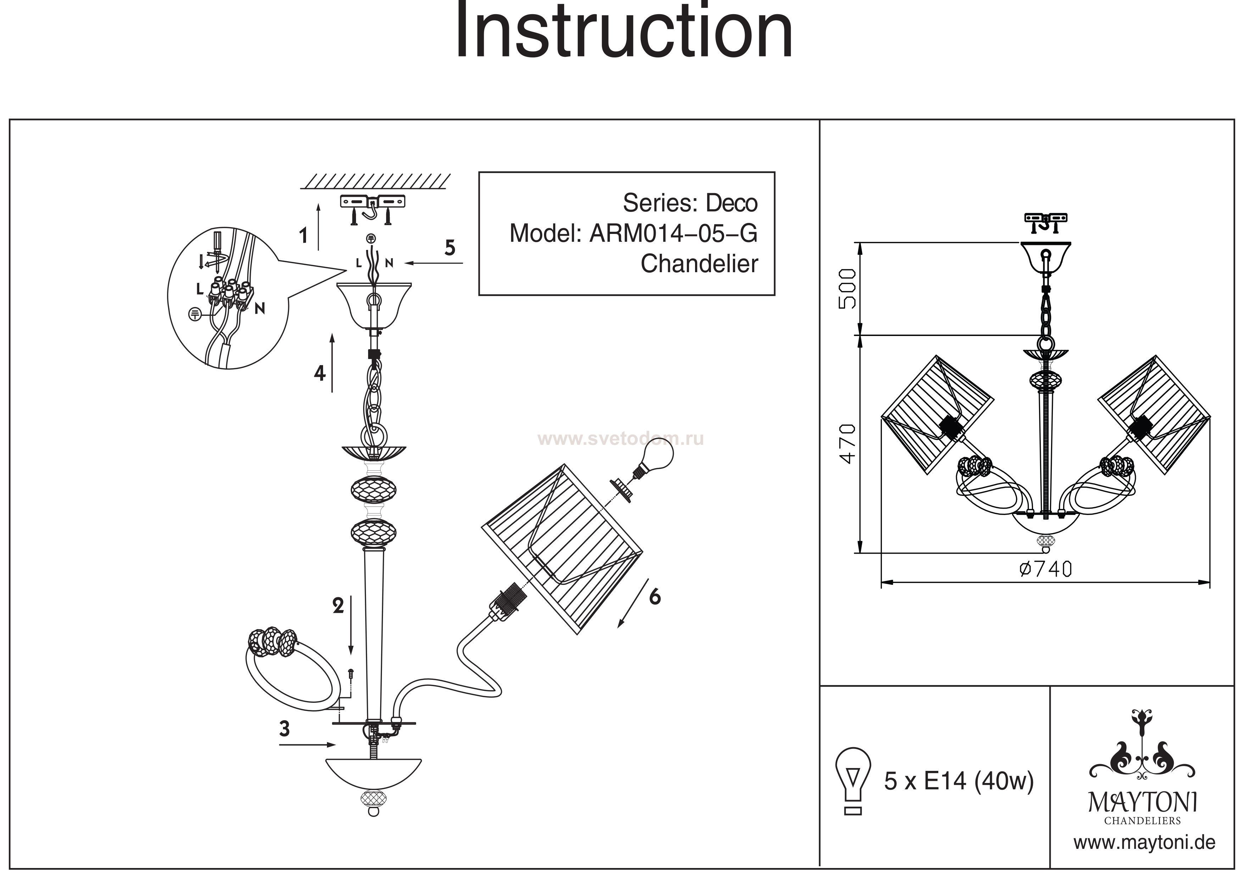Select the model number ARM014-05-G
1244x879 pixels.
coord(673,234)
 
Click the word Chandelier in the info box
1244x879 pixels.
coord(699,264)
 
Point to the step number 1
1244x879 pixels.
coord(304,236)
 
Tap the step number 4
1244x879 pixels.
coord(320,373)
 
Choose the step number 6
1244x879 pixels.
coord(655,597)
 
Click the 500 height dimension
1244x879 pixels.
coord(847,289)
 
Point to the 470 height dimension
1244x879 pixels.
coord(847,444)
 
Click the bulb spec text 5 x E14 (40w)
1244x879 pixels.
coord(959,782)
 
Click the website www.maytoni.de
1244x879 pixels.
coord(1144,843)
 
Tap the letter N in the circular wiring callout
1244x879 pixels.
coord(260,309)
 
